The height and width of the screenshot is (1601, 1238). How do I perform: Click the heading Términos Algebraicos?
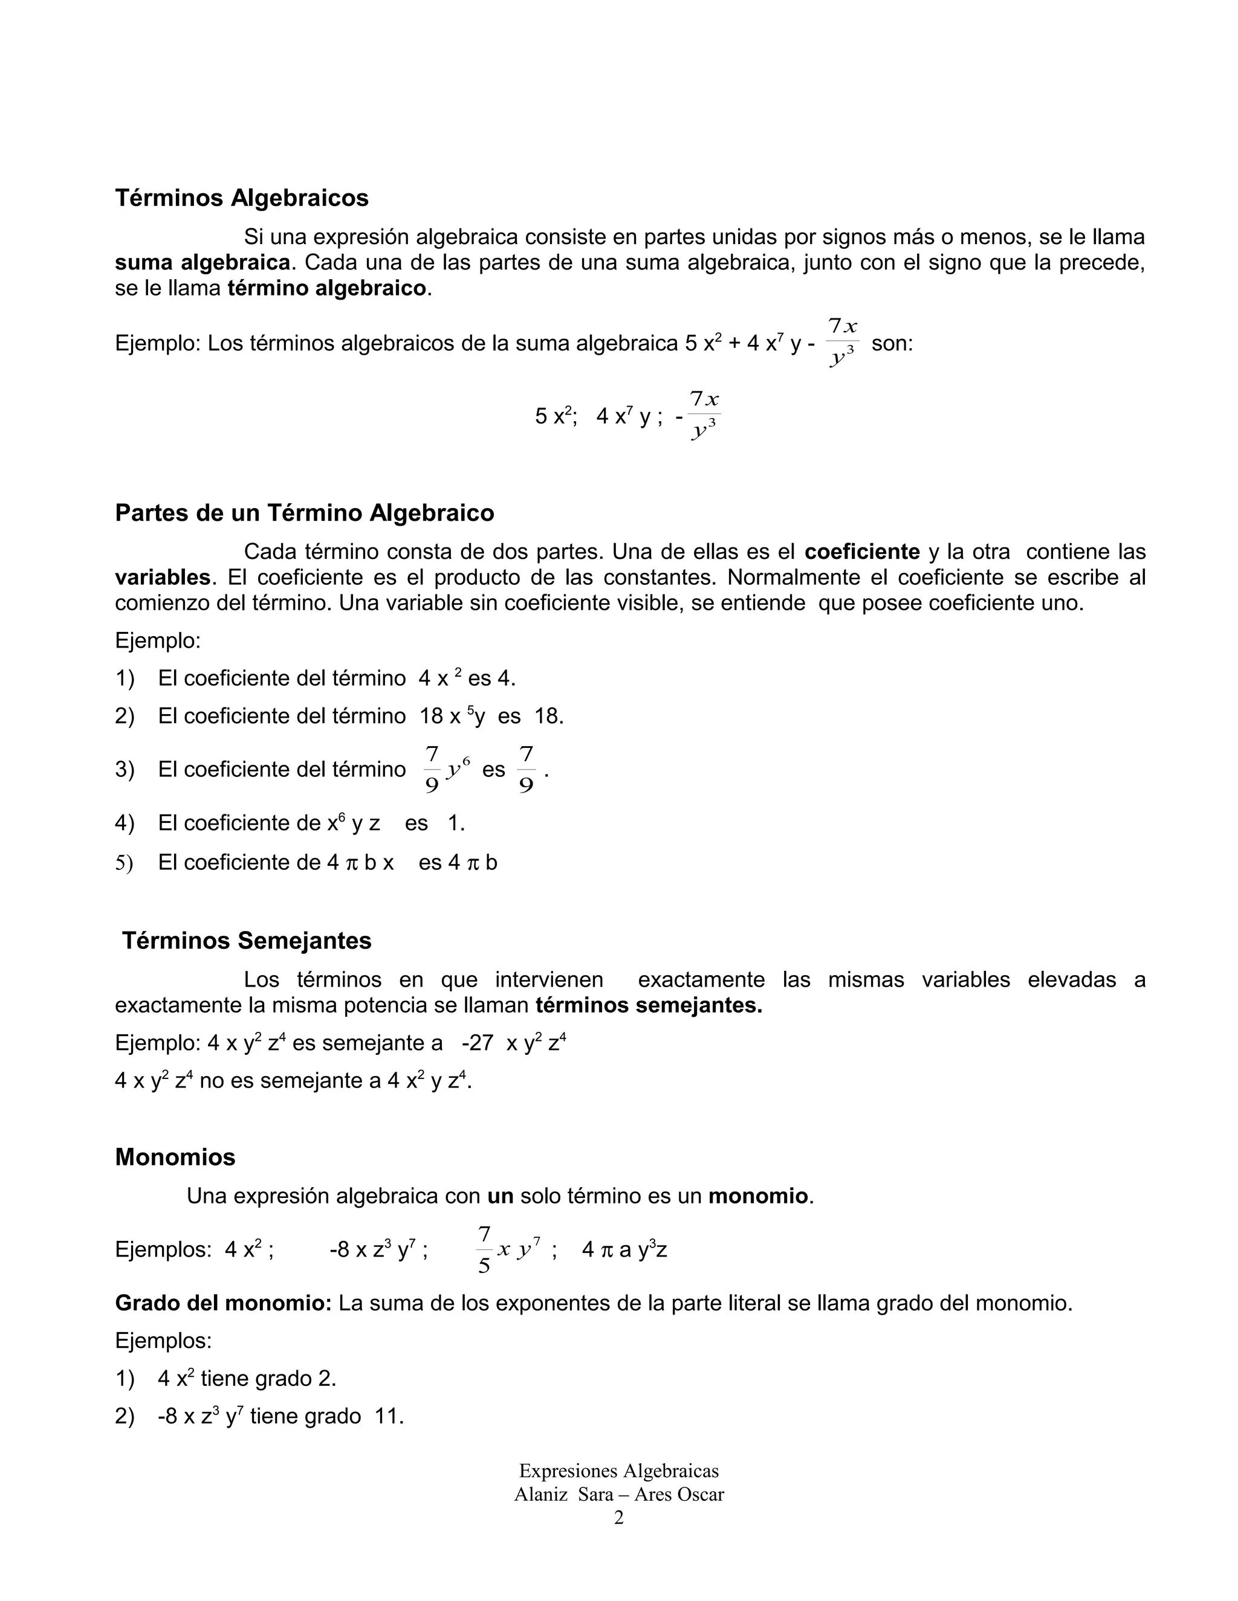(241, 198)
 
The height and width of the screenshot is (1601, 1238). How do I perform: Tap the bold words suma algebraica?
(202, 262)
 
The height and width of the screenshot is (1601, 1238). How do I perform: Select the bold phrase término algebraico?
(326, 288)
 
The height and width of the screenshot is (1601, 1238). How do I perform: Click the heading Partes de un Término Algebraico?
(305, 512)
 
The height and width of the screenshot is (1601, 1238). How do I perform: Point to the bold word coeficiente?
(862, 551)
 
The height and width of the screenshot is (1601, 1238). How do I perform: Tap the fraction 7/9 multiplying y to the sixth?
(432, 770)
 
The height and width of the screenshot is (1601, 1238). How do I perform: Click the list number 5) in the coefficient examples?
(123, 863)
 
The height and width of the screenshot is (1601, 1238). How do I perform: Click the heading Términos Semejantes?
(247, 941)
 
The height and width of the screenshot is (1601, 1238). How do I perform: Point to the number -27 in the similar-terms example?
(478, 1043)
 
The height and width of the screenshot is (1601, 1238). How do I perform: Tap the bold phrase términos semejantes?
(649, 1006)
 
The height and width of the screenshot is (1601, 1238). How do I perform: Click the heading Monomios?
(175, 1157)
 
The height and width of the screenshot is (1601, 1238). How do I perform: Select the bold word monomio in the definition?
(757, 1196)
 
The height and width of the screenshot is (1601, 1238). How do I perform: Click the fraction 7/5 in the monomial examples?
(484, 1250)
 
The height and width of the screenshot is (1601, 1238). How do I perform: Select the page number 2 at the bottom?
(618, 1533)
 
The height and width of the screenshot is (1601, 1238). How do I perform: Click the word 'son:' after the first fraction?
(892, 343)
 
